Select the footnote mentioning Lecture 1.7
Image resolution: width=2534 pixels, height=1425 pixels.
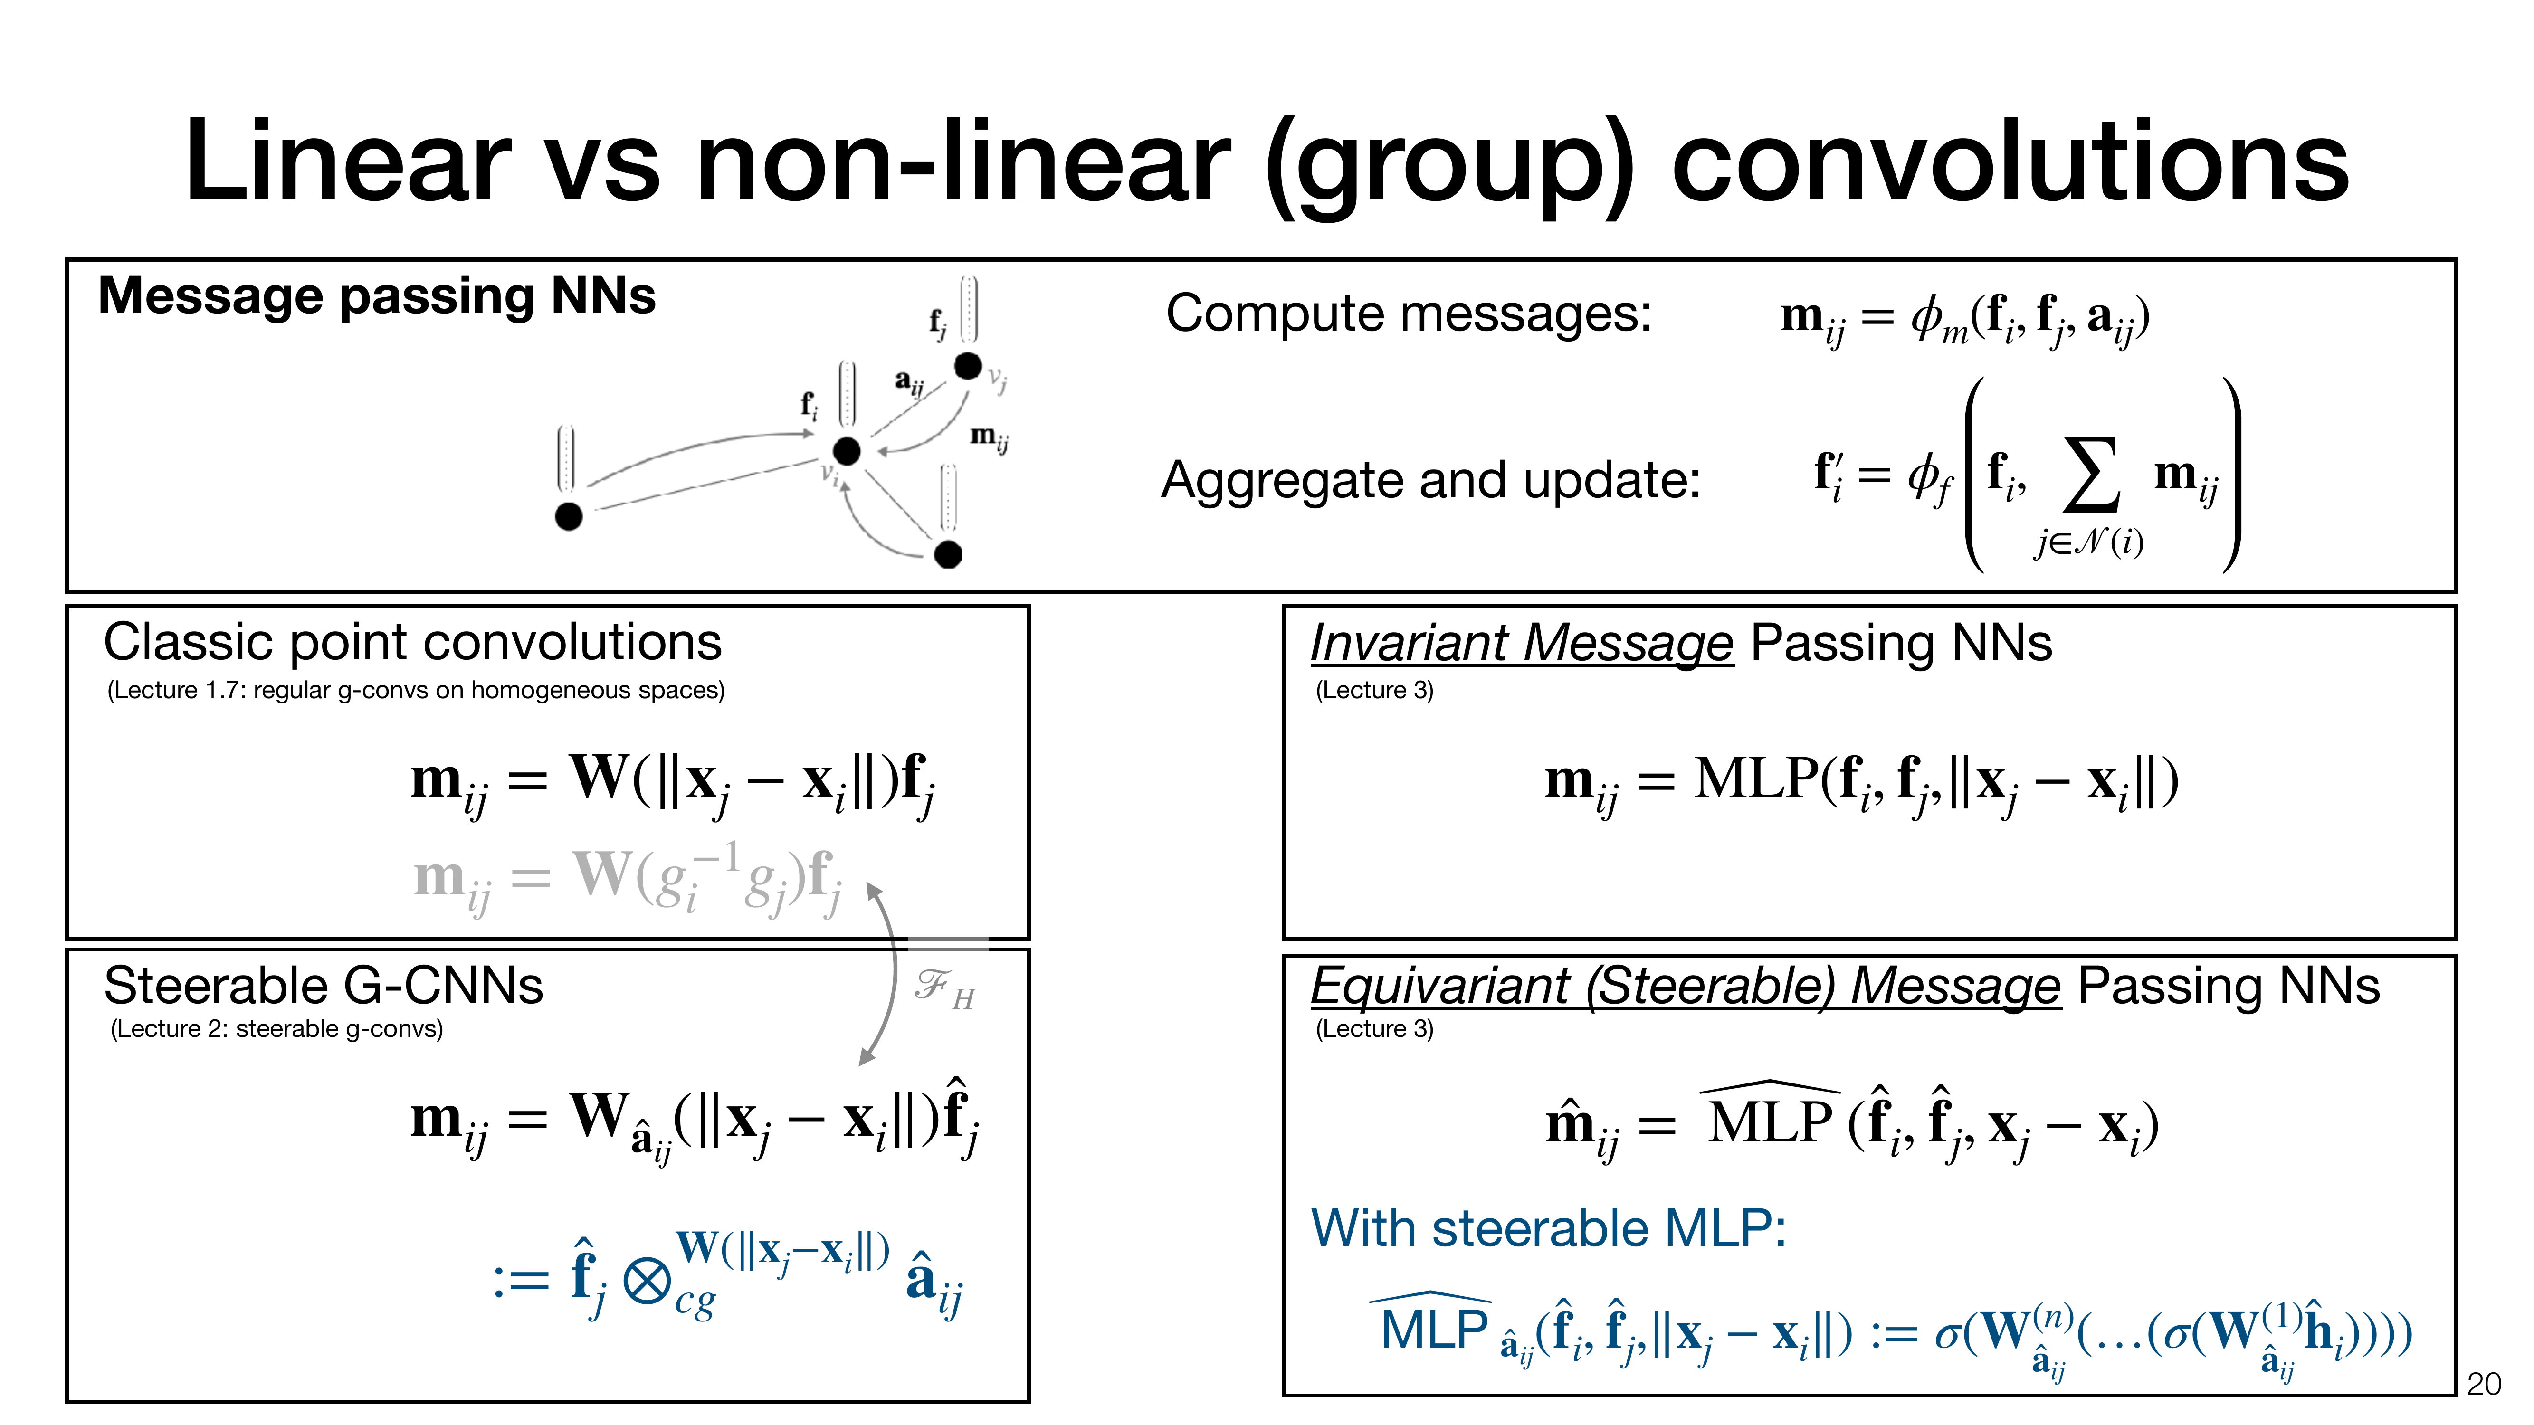click(415, 690)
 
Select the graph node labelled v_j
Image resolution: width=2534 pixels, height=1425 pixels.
click(968, 366)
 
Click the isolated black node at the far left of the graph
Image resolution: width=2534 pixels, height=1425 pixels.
click(569, 515)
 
